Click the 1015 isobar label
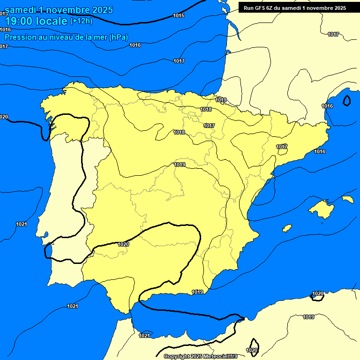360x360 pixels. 179,15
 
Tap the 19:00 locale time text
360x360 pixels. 36,21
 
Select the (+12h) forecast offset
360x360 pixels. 82,21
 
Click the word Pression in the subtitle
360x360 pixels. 21,37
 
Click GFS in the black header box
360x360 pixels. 263,7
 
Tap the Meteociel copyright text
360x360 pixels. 201,356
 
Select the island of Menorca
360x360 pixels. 348,199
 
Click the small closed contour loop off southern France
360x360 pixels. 347,100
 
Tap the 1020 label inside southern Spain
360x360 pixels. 123,244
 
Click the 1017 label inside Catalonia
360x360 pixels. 282,147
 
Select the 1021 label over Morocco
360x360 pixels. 144,336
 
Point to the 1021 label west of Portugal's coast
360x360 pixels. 21,225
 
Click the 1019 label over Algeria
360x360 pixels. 308,317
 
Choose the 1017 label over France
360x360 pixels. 333,34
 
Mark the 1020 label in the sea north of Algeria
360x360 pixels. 318,294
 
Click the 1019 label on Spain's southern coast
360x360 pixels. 198,292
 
